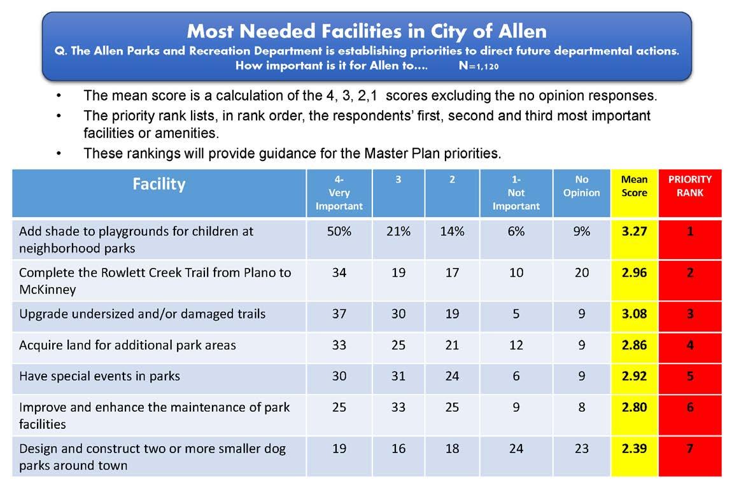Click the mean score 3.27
coord(634,232)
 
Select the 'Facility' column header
coord(159,184)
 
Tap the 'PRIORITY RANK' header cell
coord(689,186)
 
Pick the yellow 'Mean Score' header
coord(634,186)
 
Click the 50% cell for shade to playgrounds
coord(339,232)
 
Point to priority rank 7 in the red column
coord(690,449)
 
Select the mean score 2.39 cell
coord(634,449)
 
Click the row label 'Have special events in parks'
coord(100,376)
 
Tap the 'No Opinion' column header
coord(581,186)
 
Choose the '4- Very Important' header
coord(339,192)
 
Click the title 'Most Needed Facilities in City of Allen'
coord(367,31)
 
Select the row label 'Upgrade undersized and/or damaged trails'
coord(143,314)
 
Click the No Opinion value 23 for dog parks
coord(581,449)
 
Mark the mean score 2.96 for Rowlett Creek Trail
coord(634,273)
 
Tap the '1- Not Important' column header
coord(516,192)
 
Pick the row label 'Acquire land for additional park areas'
coord(127,345)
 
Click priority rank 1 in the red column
coord(690,232)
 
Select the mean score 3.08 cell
coord(634,314)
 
